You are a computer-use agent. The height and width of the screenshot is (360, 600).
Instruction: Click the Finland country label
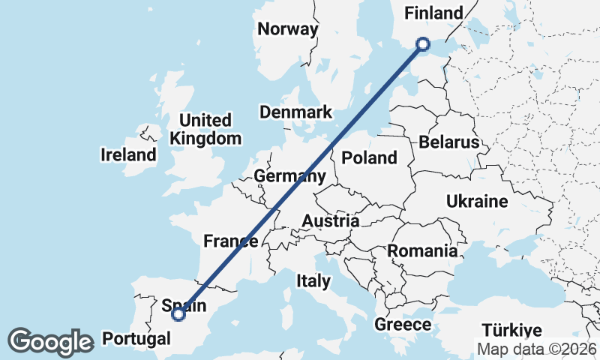tap(433, 13)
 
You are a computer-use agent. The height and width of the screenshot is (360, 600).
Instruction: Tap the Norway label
tap(287, 29)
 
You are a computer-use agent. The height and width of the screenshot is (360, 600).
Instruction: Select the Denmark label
tap(295, 112)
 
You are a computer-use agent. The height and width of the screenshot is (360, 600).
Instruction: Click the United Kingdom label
tap(205, 129)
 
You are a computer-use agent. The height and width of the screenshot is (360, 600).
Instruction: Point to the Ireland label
tap(128, 155)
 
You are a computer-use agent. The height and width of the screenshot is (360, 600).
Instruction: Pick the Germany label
tap(289, 176)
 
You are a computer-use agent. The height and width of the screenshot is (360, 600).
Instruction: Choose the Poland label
tap(369, 157)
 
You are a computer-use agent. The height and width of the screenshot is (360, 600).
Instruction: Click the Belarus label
tap(449, 142)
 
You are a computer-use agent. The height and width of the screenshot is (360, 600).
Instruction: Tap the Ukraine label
tap(477, 202)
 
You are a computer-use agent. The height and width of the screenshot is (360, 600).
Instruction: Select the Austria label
tap(330, 221)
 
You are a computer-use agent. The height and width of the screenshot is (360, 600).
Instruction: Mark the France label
tap(231, 241)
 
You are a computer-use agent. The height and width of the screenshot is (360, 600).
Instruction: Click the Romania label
tap(423, 251)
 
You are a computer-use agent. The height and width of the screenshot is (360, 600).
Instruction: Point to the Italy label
tap(313, 281)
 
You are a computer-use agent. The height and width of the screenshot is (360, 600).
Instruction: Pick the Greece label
tap(403, 325)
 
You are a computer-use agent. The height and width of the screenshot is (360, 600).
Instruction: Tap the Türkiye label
tap(511, 331)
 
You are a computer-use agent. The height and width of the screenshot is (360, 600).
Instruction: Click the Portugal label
tap(136, 338)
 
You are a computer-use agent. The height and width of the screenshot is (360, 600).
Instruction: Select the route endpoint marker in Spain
tap(178, 314)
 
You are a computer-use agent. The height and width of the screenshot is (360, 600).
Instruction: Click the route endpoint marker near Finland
tap(423, 44)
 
